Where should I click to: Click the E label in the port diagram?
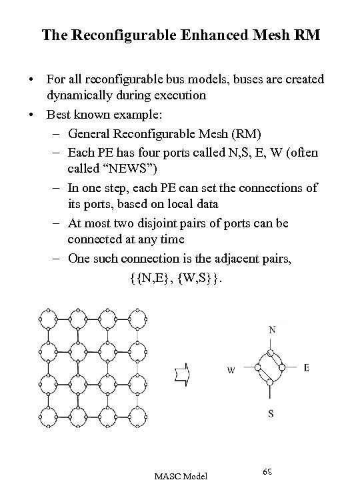pos(306,367)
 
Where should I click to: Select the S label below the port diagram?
pos(271,413)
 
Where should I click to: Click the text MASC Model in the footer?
pos(181,475)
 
